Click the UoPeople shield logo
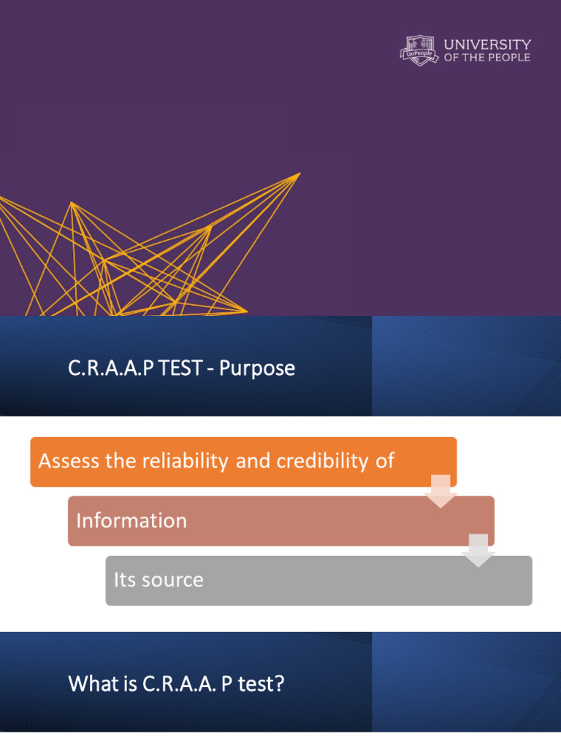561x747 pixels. click(x=419, y=50)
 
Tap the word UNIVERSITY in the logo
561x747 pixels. click(x=487, y=44)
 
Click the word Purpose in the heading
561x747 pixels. click(x=256, y=368)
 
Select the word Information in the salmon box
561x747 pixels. click(x=131, y=520)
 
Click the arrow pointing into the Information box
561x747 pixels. click(x=440, y=491)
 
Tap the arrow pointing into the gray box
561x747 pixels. click(x=478, y=551)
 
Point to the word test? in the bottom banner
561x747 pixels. click(x=261, y=684)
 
